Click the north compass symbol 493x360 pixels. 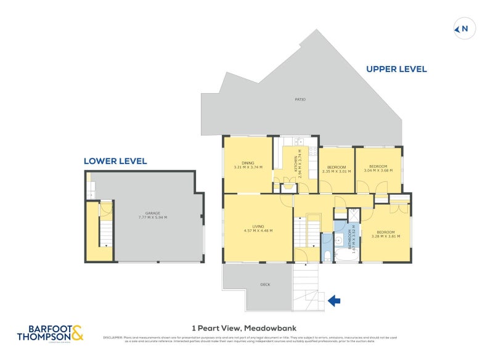click(x=463, y=28)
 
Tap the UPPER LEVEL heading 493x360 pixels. click(x=396, y=70)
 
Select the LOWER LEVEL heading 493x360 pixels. click(x=115, y=161)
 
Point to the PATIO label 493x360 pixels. click(x=300, y=99)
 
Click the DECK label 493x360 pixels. click(x=266, y=284)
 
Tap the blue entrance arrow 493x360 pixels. click(x=334, y=301)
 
